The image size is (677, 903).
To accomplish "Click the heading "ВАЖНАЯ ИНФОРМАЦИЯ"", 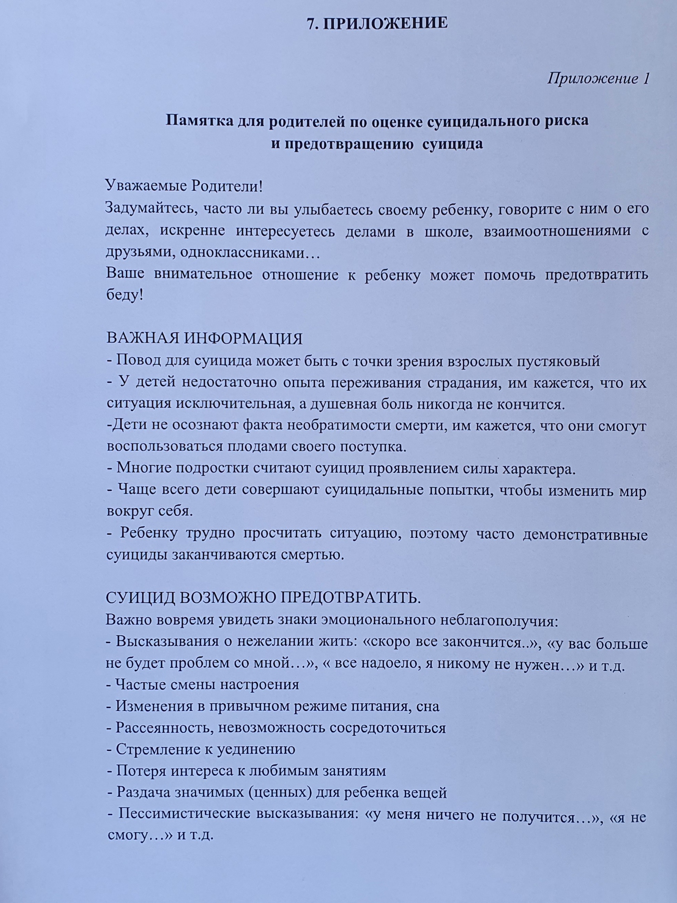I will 204,339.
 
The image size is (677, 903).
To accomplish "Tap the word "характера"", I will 539,469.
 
